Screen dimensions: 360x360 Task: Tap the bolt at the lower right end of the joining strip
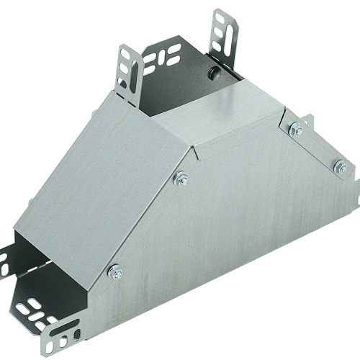coord(336,168)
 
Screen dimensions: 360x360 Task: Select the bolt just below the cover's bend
coord(180,178)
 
